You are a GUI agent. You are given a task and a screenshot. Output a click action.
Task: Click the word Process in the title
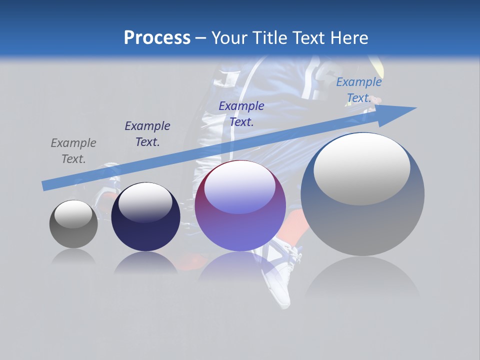157,38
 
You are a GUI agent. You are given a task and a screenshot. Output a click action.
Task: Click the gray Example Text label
73,151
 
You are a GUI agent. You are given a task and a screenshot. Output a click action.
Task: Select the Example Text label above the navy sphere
147,134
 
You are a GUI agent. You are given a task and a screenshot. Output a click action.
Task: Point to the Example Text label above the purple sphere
241,113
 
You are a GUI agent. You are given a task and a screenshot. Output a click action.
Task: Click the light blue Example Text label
358,90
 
